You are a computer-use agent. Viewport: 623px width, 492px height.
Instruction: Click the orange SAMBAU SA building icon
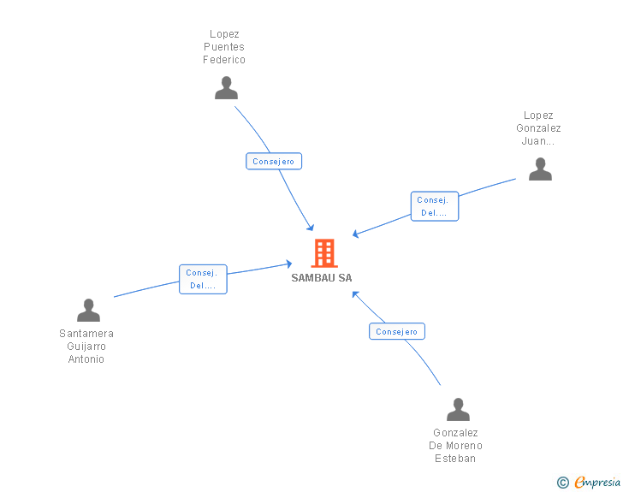(x=324, y=253)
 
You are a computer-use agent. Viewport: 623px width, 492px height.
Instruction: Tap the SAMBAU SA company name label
(x=321, y=278)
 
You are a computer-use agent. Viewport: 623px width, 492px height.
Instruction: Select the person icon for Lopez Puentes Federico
(x=226, y=88)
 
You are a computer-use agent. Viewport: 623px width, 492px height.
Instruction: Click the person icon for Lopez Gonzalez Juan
(x=540, y=169)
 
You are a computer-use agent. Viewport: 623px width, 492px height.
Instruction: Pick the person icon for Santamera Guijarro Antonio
(x=88, y=311)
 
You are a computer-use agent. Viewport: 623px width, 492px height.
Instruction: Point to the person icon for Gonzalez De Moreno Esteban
(x=458, y=410)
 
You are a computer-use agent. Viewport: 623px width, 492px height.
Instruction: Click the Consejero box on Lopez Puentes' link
(x=274, y=161)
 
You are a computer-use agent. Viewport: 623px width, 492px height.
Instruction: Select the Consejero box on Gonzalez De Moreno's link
(x=397, y=331)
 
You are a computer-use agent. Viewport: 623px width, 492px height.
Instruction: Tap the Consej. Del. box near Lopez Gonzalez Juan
(x=434, y=206)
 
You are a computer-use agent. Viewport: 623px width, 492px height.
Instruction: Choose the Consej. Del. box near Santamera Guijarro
(x=203, y=279)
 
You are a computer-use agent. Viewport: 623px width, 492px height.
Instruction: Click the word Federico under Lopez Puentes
(x=224, y=61)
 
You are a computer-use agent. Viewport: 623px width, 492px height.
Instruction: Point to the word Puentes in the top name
(x=224, y=48)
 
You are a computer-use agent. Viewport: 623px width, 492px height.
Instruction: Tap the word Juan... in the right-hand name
(x=538, y=142)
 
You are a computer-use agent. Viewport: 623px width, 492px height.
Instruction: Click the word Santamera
(x=86, y=334)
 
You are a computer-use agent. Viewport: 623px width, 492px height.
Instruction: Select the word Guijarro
(x=86, y=347)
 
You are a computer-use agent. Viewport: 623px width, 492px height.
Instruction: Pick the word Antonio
(x=86, y=359)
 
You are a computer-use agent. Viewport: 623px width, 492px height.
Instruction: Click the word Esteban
(x=455, y=459)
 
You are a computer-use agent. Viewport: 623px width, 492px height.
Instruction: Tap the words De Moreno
(x=455, y=446)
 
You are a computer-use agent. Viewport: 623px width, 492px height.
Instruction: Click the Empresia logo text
(x=596, y=483)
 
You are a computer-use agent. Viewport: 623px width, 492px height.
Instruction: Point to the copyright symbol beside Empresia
(x=563, y=483)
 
